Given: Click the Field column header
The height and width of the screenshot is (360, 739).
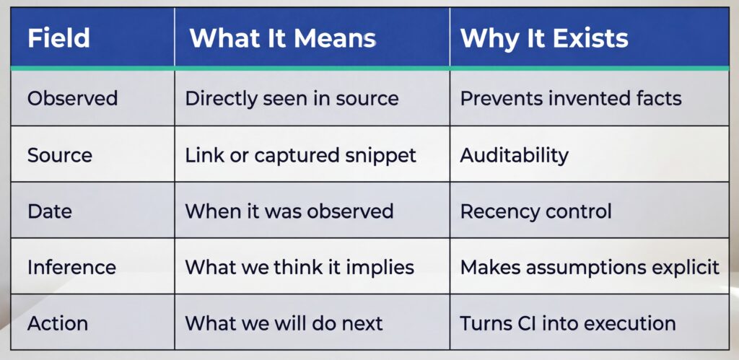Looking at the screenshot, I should click(x=58, y=38).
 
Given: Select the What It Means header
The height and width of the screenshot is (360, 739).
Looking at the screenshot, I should click(x=282, y=38).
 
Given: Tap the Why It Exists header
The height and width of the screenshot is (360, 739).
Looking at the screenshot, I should click(x=544, y=38).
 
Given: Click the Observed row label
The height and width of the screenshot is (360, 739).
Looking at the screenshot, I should click(x=72, y=98).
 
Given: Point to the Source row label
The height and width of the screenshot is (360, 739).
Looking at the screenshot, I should click(x=60, y=154).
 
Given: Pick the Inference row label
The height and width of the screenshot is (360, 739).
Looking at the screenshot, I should click(x=71, y=267).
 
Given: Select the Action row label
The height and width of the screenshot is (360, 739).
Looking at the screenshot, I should click(x=57, y=322).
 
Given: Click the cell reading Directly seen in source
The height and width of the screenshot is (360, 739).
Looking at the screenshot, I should click(x=292, y=98).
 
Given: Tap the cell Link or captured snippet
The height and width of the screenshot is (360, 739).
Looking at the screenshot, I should click(x=300, y=154).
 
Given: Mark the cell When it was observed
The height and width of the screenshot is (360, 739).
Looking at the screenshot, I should click(x=289, y=211).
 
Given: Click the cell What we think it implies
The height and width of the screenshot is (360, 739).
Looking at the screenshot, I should click(x=299, y=267).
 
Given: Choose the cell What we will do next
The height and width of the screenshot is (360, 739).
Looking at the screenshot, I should click(x=284, y=322).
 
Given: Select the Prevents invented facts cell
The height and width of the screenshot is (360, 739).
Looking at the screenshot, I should click(x=571, y=98).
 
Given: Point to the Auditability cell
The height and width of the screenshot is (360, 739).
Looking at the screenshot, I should click(x=514, y=154).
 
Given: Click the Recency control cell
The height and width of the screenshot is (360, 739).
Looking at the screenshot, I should click(x=535, y=211).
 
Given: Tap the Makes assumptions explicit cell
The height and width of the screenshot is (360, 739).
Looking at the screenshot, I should click(x=590, y=267).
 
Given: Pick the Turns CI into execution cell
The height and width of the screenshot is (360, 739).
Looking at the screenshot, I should click(x=567, y=322).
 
